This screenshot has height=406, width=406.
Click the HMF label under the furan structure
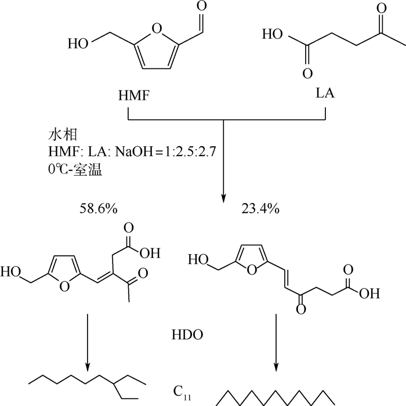coord(134,95)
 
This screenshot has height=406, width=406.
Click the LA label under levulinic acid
coord(325,93)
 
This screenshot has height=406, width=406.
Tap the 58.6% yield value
coord(99,208)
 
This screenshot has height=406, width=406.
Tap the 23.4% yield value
coord(260,208)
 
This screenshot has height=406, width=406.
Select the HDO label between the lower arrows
coord(187,335)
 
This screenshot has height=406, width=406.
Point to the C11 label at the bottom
coord(182,393)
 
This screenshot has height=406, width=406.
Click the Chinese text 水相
coord(63,135)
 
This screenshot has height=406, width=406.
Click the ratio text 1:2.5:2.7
coord(190,151)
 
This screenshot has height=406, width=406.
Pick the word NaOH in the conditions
coord(134,151)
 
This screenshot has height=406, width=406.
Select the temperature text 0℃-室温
coord(75,170)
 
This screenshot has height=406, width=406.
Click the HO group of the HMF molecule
coord(78,43)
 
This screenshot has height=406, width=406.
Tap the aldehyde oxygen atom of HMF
coord(202,6)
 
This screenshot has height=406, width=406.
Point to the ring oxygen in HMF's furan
coord(157,28)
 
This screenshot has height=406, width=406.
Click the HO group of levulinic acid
coord(273,34)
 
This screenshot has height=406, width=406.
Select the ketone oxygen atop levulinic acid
coord(382,8)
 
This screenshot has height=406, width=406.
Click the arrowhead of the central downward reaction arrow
coord(224,198)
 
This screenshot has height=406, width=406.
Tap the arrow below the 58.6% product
coord(88,343)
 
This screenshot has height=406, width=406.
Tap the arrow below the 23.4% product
coord(276,343)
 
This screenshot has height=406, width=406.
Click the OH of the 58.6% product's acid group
coord(150,253)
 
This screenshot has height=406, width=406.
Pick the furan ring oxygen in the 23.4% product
coord(252,270)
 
